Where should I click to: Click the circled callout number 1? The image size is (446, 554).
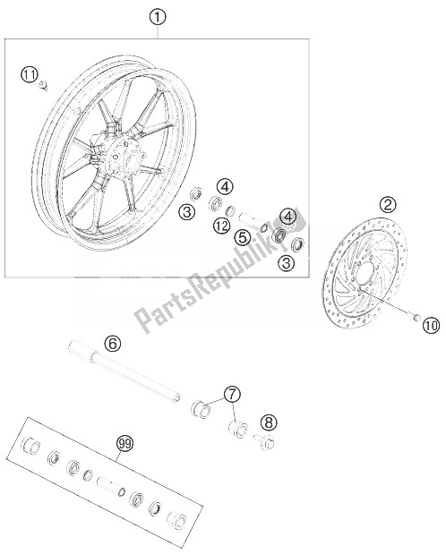(x=158, y=17)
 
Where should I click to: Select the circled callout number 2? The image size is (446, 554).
(x=388, y=205)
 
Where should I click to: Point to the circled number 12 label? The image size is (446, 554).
(x=222, y=226)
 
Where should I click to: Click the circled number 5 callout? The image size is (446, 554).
(x=243, y=238)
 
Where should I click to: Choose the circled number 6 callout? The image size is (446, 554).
(x=113, y=343)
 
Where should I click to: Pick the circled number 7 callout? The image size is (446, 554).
(x=232, y=394)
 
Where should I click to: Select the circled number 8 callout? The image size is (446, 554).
(x=269, y=422)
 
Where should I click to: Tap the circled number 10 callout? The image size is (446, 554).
(x=431, y=325)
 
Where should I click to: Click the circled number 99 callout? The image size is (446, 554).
(x=124, y=444)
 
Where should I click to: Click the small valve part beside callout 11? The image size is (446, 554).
(x=44, y=86)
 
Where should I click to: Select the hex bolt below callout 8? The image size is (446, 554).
(x=265, y=441)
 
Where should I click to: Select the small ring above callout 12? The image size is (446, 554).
(x=231, y=211)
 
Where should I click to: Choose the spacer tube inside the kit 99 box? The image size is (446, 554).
(x=108, y=484)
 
